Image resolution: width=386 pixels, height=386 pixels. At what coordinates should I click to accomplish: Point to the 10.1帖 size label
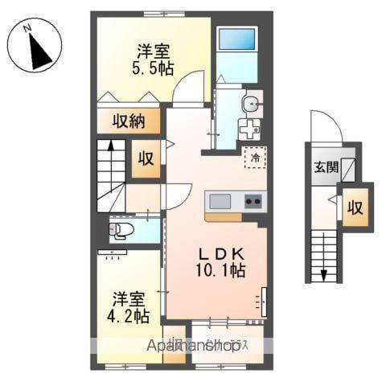point(216,271)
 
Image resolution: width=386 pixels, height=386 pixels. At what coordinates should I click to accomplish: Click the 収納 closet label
point(128,122)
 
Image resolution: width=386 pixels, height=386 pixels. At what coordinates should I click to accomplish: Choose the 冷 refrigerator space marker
point(254,158)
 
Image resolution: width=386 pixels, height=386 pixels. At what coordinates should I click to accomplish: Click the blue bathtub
point(237,49)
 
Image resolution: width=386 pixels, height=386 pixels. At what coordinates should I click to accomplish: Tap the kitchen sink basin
point(220,200)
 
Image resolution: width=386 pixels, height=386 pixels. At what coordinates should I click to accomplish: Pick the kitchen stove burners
point(253,200)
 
